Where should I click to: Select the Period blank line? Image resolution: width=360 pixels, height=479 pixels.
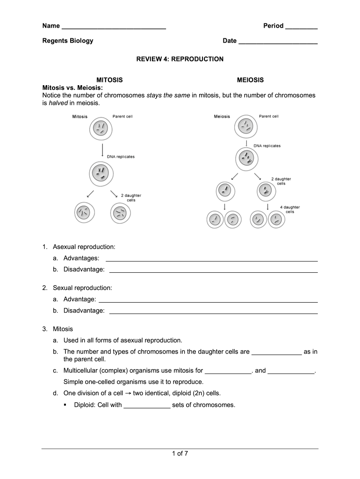pos(301,27)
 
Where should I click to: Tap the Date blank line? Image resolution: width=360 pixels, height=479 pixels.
pos(278,42)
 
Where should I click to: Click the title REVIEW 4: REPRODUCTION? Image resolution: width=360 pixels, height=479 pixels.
pos(180,59)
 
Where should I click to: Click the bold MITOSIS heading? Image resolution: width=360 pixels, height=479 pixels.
pos(109,80)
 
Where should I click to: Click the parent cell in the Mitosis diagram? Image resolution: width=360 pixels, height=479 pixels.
pos(101,129)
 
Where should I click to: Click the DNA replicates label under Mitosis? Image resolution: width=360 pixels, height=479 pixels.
pos(121,157)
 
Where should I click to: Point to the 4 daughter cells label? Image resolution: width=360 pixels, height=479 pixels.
pos(290,209)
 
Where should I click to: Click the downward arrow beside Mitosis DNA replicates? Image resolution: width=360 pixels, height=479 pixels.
pos(102,151)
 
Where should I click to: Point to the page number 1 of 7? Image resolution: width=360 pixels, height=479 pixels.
pos(180,453)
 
